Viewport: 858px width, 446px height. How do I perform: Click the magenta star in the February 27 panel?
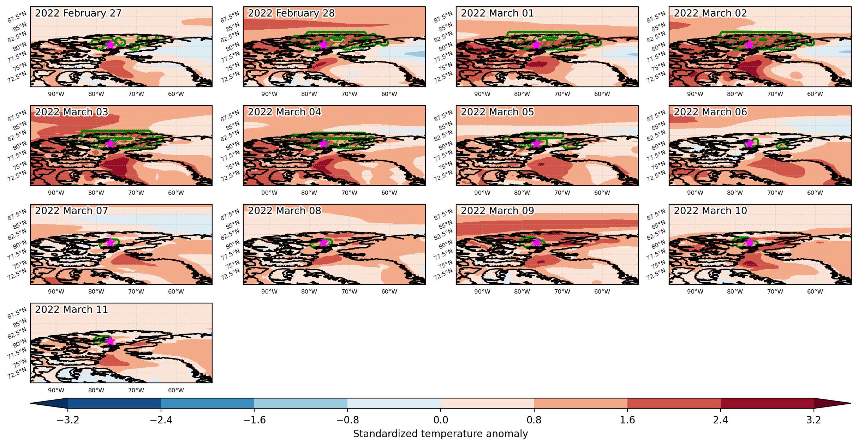[x=110, y=44]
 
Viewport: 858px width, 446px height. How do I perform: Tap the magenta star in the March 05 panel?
[x=536, y=143]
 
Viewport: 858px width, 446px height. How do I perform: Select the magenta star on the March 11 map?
[x=110, y=341]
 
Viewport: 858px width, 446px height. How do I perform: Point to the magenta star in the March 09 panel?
[x=536, y=242]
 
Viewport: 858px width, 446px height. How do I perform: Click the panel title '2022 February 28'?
[x=291, y=13]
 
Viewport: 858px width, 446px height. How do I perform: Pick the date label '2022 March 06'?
[x=710, y=112]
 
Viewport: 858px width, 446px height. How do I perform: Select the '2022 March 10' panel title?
[x=710, y=211]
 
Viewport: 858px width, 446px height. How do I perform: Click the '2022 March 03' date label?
[x=72, y=112]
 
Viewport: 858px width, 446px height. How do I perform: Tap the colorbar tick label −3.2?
[x=67, y=420]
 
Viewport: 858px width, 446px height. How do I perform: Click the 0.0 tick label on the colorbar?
[x=441, y=420]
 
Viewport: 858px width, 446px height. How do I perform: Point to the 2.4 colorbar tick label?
[x=721, y=420]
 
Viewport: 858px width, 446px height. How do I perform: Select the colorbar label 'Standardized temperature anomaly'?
[x=440, y=434]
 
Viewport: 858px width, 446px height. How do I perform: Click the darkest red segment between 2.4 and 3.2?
[x=767, y=403]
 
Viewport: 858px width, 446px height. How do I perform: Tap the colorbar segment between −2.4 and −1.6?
[x=208, y=403]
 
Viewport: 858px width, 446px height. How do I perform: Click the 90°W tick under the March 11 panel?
[x=56, y=391]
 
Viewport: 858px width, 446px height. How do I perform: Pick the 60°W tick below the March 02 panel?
[x=815, y=94]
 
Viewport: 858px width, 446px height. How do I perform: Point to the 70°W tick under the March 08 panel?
[x=349, y=292]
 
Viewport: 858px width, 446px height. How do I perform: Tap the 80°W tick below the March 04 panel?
[x=309, y=193]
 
